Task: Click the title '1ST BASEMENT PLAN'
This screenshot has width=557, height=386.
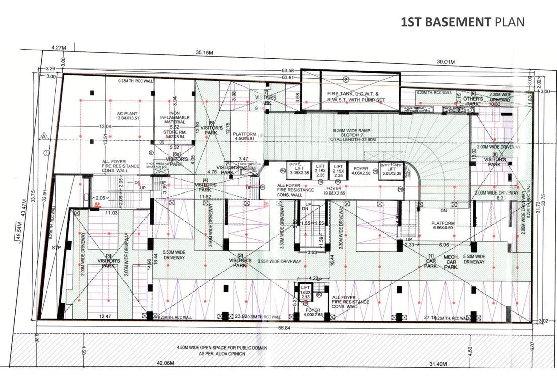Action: click(463, 22)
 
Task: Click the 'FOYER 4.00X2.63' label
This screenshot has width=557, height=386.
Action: click(313, 313)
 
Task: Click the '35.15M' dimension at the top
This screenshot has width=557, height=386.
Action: click(204, 53)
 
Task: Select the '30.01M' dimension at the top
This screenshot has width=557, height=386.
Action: click(445, 62)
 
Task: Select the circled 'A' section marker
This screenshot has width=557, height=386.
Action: click(45, 136)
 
